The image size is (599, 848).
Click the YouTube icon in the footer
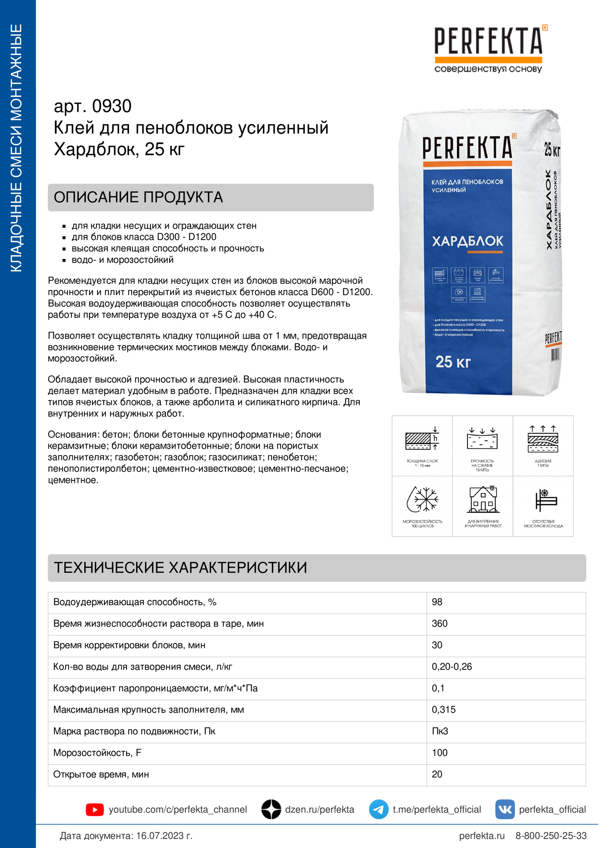coord(95,810)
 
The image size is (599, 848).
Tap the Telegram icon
coord(378,809)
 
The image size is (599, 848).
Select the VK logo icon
coord(504,809)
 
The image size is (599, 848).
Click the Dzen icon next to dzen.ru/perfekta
coord(271,809)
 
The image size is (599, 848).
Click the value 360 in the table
coord(440,624)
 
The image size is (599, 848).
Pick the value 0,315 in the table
coord(444,710)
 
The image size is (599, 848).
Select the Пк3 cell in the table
coord(440,731)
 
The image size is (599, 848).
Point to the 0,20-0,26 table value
coord(452,666)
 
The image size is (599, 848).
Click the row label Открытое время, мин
coord(101,774)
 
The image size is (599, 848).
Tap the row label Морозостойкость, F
coord(97,752)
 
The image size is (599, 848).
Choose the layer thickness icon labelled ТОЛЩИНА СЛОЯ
coord(422,439)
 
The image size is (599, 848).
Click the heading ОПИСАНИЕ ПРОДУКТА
coord(138,197)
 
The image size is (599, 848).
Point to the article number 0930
coord(112,106)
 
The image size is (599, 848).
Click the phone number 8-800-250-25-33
coord(551,835)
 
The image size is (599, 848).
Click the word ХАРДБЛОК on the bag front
coord(467,241)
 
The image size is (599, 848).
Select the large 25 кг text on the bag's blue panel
coord(453,362)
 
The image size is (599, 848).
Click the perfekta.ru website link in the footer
coord(482,835)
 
